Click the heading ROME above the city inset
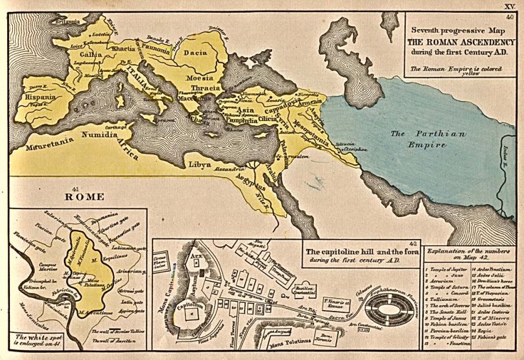[85, 196]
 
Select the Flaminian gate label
[26, 250]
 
